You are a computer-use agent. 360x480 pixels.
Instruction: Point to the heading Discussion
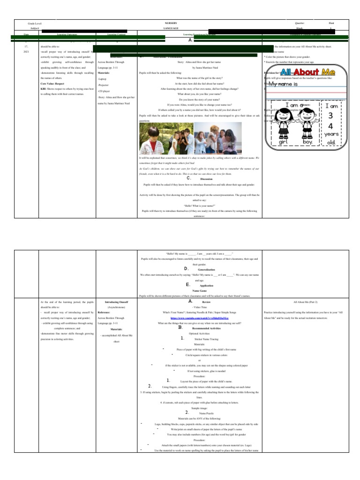click(x=206, y=179)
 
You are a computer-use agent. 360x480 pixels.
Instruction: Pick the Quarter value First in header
click(x=332, y=22)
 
